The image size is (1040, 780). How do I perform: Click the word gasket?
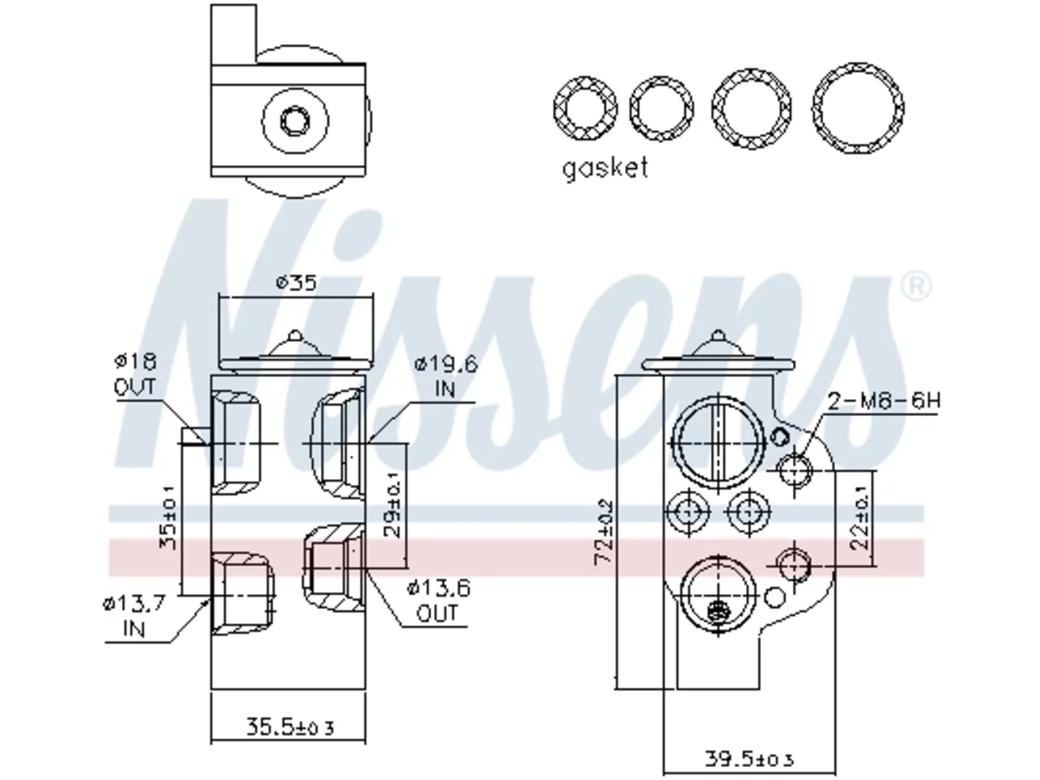pos(604,168)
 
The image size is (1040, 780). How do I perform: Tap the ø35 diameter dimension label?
pos(296,283)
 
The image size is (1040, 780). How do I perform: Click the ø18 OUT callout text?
pos(136,375)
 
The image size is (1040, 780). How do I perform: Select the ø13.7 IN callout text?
pos(134,616)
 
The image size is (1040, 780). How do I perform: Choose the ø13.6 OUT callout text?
pos(438,600)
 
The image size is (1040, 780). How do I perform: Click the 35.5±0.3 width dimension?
pos(290,727)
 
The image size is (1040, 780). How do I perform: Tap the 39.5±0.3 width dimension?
pos(748,759)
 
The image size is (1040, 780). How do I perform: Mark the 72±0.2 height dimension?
pos(604,532)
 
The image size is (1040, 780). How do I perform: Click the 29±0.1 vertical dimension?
pos(392,505)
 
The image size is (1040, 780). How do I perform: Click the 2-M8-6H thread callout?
pos(884,401)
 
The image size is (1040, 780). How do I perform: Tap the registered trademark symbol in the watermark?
pos(916,285)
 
